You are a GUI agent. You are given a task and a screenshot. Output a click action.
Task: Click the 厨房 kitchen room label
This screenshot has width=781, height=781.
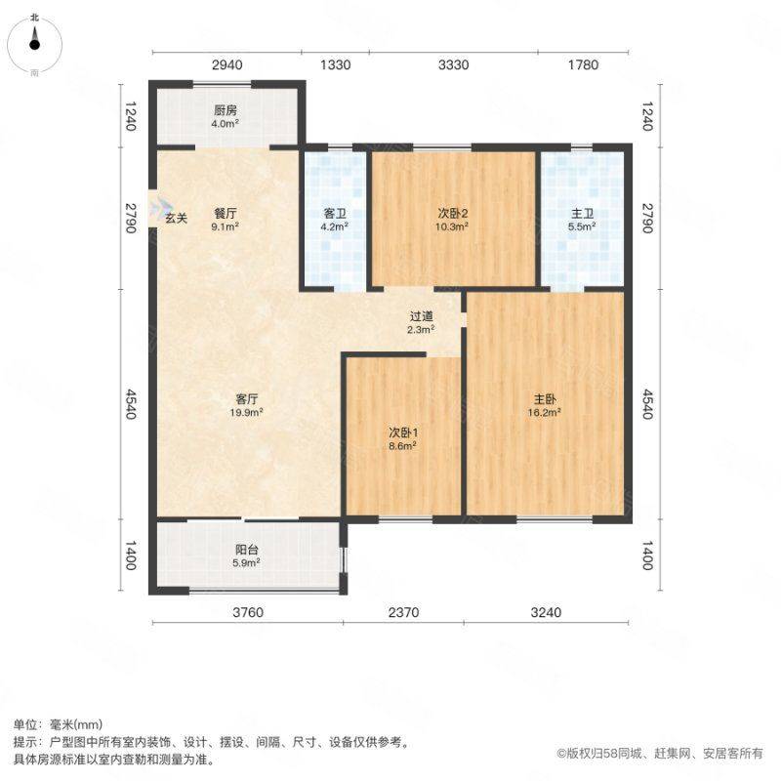pos(226,110)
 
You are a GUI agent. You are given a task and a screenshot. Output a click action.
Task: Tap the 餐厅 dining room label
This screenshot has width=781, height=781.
pos(226,213)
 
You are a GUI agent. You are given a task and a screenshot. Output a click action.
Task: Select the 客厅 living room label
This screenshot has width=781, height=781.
pos(247,399)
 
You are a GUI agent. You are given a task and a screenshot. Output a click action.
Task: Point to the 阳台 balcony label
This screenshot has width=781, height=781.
pos(247,550)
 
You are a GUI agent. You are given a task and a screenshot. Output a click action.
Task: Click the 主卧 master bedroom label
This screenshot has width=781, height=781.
pos(545,399)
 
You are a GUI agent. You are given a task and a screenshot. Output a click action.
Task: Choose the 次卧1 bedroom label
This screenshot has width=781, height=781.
pos(403,432)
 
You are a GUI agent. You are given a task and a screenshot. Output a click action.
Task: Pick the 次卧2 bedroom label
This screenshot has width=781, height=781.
pos(453,213)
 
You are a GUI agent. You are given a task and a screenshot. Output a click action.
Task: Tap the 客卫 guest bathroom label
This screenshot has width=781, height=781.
pos(335,213)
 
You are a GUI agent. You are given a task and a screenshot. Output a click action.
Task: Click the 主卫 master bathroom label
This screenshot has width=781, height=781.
pos(582,213)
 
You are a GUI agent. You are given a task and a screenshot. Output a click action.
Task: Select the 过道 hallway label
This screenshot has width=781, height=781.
pos(422,315)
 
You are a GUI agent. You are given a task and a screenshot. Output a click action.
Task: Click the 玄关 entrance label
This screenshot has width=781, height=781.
pos(177,218)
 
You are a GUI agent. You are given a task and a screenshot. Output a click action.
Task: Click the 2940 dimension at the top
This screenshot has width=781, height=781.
pos(227,64)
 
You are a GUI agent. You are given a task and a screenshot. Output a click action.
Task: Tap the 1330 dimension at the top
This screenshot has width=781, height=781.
pos(335,64)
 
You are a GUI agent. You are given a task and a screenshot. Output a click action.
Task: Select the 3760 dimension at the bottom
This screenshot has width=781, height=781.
pos(248,612)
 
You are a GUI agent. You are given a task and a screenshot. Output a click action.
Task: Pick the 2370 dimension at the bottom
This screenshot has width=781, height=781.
pos(403,612)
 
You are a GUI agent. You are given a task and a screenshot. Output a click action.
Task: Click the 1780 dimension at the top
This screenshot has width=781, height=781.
pos(583,64)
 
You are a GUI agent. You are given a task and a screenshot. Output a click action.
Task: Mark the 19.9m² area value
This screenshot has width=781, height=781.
pos(247,412)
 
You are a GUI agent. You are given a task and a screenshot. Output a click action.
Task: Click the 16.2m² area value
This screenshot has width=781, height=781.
pos(545,412)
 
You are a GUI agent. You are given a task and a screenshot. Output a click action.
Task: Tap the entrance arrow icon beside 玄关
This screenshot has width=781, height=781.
pos(163,205)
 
